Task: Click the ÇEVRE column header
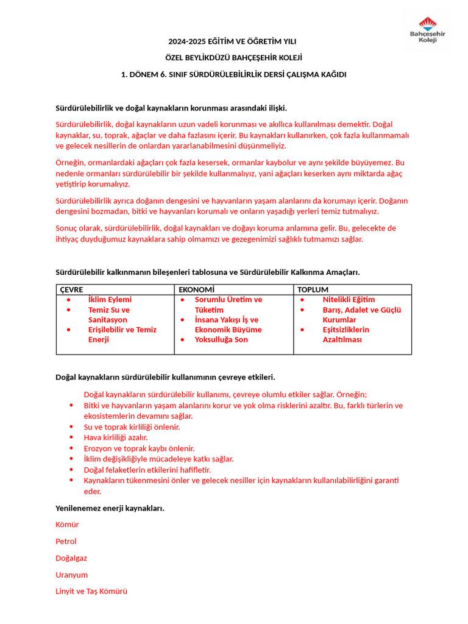[72, 289]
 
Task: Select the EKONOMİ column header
[197, 289]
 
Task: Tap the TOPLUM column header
[313, 289]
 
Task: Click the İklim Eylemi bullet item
[110, 300]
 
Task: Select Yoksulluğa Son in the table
[221, 339]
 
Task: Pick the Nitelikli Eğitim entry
[349, 300]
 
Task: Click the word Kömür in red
[67, 525]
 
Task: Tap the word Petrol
[66, 541]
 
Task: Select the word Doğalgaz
[71, 558]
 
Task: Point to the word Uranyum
[71, 575]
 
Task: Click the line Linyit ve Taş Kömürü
[91, 591]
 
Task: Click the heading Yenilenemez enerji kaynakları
[110, 508]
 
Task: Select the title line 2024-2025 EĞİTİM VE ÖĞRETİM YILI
[232, 41]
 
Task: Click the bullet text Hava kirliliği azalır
[116, 438]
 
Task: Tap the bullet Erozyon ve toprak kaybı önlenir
[139, 448]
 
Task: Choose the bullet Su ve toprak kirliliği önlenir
[132, 427]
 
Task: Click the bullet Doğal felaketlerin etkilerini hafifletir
[147, 470]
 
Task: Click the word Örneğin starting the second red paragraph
[70, 163]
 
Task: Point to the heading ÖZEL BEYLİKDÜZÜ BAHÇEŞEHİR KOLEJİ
[234, 58]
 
